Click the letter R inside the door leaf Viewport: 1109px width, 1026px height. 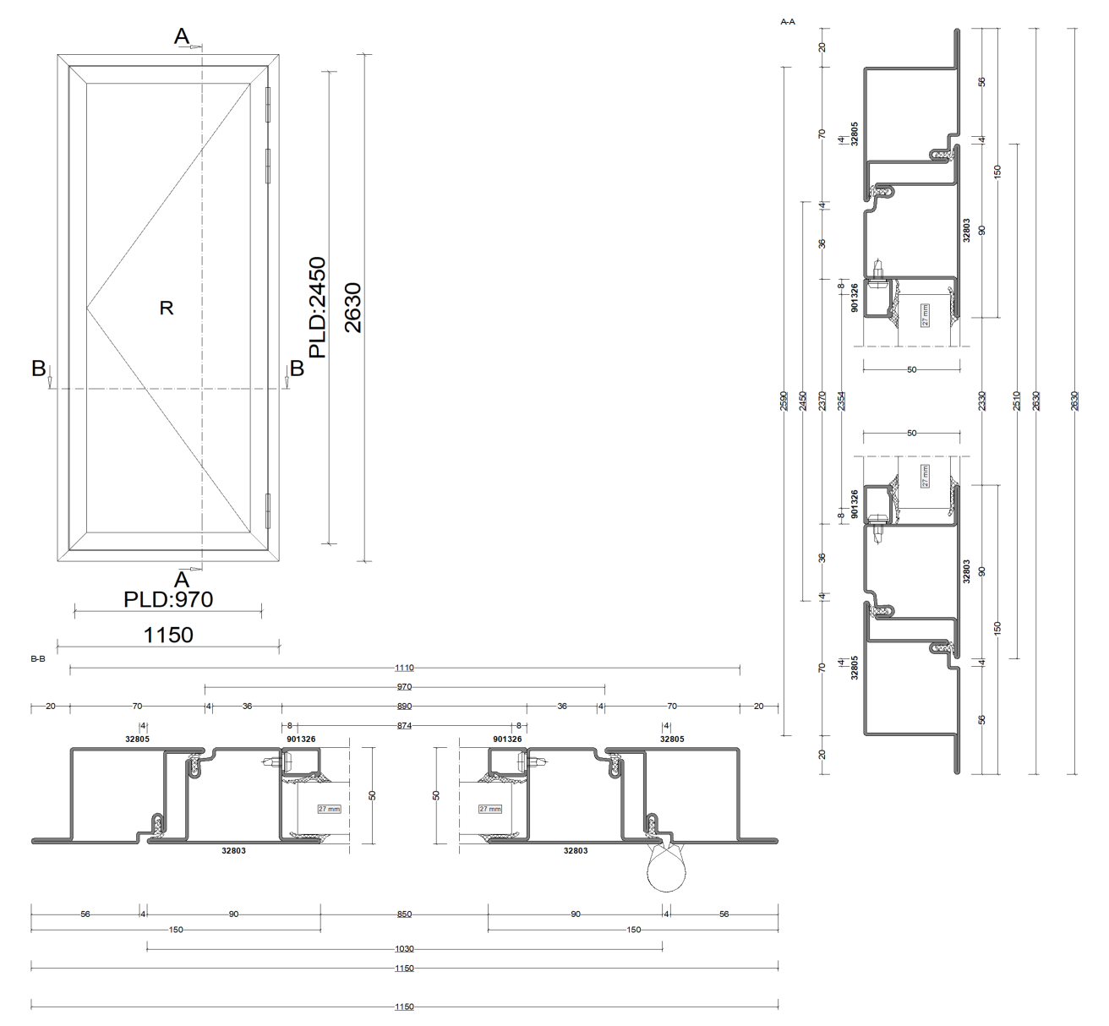167,308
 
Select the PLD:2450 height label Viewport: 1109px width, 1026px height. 317,308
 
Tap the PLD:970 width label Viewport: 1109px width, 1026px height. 168,599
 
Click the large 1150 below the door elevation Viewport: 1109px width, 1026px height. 169,635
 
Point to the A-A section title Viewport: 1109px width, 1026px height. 787,21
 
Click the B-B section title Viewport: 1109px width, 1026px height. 37,658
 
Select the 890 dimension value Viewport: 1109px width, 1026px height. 404,706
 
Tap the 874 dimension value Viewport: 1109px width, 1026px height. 404,726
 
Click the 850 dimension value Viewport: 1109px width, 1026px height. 405,914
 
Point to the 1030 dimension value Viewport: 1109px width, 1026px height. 405,949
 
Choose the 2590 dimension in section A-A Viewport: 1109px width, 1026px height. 784,401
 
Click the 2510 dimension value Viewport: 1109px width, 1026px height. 1017,401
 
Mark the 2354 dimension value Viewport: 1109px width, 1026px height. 842,401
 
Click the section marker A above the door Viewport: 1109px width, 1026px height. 182,36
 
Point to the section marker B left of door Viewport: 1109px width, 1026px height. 39,368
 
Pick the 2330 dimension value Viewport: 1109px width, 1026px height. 981,401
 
